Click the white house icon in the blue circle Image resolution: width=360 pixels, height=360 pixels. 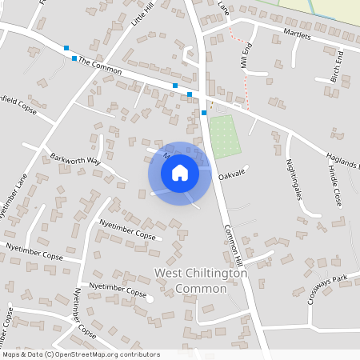pos(180,172)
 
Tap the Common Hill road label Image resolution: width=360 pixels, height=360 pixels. pos(231,241)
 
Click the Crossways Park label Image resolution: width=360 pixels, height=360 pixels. pos(329,290)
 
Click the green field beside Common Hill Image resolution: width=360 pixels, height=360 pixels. pos(224,136)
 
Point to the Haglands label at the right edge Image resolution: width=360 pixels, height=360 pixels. pos(343,159)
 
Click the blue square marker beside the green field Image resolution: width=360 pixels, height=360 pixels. pos(204,113)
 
